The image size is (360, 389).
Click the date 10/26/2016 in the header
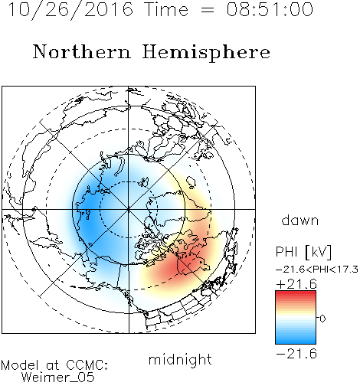click(70, 9)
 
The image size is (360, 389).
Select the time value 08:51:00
click(270, 9)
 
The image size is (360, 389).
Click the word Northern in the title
click(82, 51)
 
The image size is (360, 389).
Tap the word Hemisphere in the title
click(206, 53)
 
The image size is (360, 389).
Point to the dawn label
click(300, 220)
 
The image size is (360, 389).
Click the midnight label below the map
click(180, 360)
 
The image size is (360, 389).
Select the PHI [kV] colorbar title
click(303, 252)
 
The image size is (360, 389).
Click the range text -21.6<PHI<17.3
click(317, 269)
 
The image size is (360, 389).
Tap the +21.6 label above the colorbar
click(296, 284)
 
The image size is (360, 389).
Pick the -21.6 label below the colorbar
click(296, 354)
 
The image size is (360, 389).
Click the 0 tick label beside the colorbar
click(322, 319)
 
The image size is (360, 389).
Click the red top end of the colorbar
click(296, 293)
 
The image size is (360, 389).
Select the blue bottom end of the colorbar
click(296, 341)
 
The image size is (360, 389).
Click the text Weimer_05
click(58, 378)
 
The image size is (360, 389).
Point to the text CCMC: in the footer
click(87, 365)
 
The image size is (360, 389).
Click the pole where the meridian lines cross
click(129, 209)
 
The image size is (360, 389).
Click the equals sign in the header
click(208, 10)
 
